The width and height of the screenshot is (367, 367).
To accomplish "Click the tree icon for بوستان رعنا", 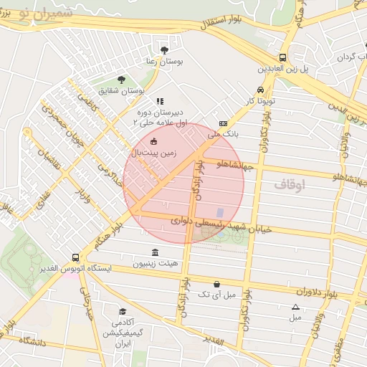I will coord(165,50).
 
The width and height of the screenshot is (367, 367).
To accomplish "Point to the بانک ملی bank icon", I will coord(223,123).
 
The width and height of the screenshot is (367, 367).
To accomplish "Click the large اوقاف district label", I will coord(290,185).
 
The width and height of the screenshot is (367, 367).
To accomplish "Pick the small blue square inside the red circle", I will coord(220,212).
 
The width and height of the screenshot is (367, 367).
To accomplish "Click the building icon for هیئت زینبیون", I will coord(156,252).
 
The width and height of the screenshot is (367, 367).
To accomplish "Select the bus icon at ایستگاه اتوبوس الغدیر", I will coord(75,257).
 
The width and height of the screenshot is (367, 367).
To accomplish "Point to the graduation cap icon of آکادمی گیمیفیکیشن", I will coord(123,312).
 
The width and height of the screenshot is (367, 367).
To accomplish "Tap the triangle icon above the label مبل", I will coord(295,307).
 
